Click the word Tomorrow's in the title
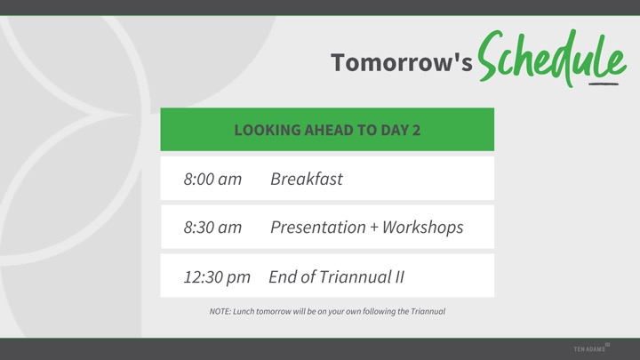coord(402,62)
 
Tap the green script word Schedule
coord(551,58)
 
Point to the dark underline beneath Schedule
coord(604,84)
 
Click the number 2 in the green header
coord(416,130)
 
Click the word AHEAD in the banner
coord(329,130)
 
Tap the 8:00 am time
coord(212,179)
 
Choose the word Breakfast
coord(307,179)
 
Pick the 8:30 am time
coord(212,228)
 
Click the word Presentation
coord(318,228)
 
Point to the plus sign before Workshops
coord(374,228)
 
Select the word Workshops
coord(423,228)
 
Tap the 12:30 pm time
coord(217,277)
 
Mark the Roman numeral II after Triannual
coord(400,276)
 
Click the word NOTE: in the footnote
coord(220,311)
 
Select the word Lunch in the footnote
coord(244,311)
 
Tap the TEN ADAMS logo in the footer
coord(591,348)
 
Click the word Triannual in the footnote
coord(428,311)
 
